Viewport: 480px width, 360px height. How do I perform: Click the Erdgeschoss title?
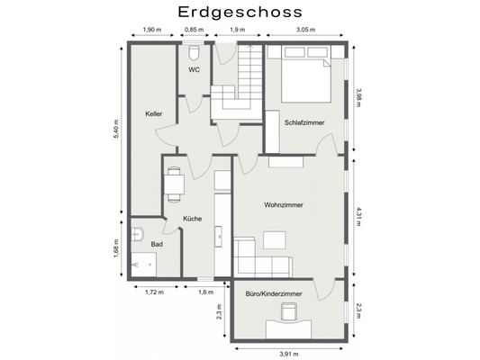(x=240, y=13)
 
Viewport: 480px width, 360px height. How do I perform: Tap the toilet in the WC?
(x=194, y=53)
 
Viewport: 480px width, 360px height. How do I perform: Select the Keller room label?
(x=154, y=113)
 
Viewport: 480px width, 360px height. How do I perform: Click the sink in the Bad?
(x=138, y=234)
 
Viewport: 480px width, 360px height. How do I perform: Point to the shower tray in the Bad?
(x=143, y=265)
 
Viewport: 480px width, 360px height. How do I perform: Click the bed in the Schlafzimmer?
(x=306, y=74)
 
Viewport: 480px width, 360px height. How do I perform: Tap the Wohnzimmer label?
(x=284, y=204)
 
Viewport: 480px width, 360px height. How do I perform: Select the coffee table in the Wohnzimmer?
(x=275, y=240)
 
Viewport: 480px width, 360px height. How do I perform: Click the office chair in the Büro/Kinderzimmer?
(x=289, y=311)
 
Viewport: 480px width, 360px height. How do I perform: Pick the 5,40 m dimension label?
(x=116, y=129)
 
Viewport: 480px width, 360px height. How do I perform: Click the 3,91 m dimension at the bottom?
(x=289, y=354)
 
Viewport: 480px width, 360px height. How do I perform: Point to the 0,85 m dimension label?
(x=195, y=30)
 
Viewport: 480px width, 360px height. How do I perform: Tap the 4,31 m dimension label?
(x=358, y=217)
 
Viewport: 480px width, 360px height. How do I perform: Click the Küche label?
(x=192, y=219)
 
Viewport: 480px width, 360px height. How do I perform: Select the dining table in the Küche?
(x=174, y=184)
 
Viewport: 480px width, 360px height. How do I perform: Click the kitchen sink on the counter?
(x=219, y=236)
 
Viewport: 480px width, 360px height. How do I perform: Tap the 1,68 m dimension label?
(x=116, y=248)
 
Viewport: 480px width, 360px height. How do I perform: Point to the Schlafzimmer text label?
(x=304, y=122)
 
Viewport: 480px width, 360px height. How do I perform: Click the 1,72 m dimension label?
(x=154, y=292)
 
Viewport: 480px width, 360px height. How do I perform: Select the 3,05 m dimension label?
(x=305, y=30)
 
